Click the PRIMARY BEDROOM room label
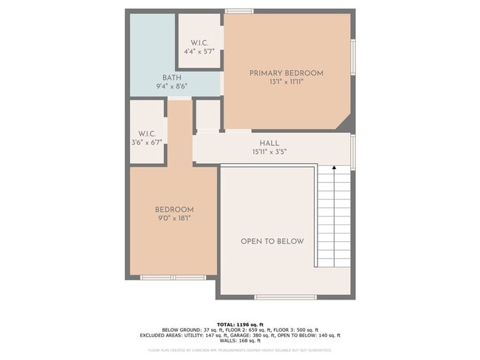click(x=286, y=73)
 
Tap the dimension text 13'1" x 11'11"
click(x=286, y=82)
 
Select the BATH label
click(x=171, y=77)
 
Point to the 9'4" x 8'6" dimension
click(x=171, y=86)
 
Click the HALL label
click(x=269, y=143)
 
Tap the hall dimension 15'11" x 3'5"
click(x=269, y=152)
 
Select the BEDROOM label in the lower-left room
click(x=174, y=210)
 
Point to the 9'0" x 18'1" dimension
click(x=174, y=218)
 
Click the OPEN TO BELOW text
click(x=272, y=241)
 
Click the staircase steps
click(x=335, y=221)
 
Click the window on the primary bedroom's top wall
click(x=239, y=11)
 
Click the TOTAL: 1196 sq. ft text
click(x=240, y=324)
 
